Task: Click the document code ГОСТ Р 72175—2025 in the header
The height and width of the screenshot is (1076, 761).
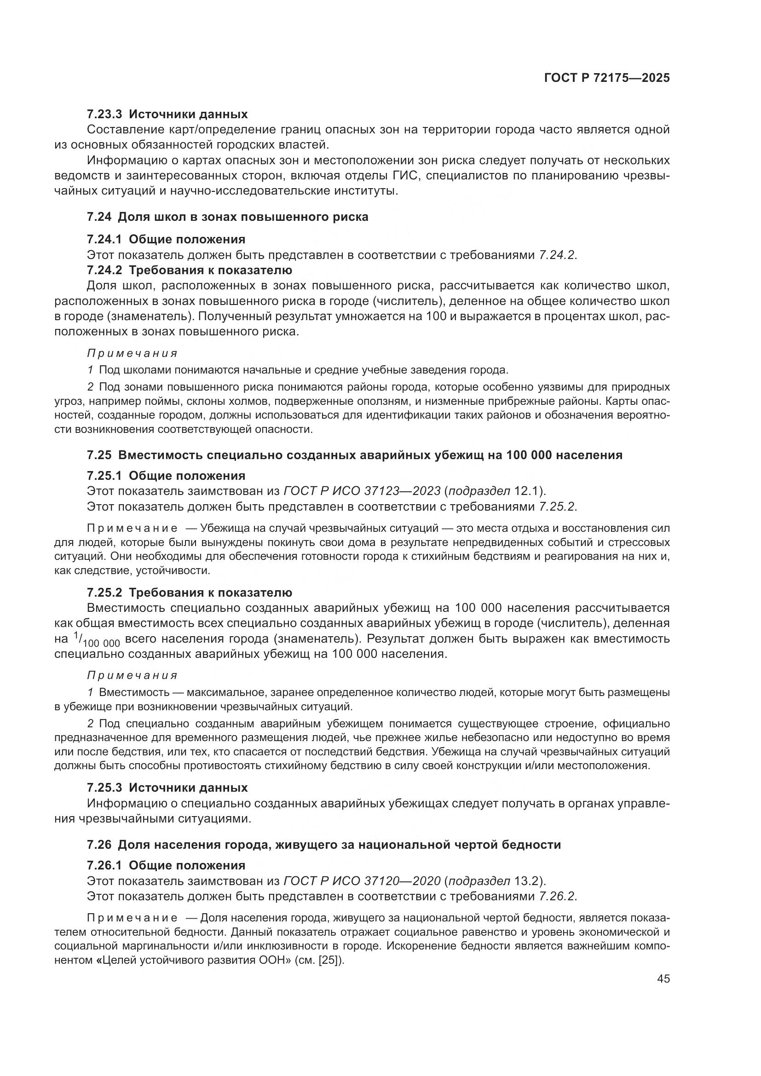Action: pos(606,78)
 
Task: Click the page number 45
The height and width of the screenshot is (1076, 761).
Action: pos(663,978)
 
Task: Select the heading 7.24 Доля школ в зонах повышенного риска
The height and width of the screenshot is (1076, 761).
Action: pos(228,217)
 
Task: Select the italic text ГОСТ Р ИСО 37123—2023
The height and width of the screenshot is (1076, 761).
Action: pos(362,491)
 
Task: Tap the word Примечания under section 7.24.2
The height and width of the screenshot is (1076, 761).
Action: pos(133,353)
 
